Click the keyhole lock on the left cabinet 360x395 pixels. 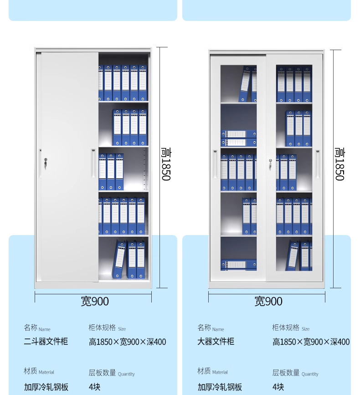tap(45, 161)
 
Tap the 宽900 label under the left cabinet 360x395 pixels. tap(95, 301)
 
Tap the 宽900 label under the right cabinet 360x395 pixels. tap(268, 301)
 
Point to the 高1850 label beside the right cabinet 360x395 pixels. tap(339, 164)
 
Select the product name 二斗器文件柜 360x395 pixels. tap(46, 341)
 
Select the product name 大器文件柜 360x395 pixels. tap(216, 341)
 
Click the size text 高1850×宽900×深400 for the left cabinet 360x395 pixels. tap(127, 342)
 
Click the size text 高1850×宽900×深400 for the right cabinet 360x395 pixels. tap(311, 342)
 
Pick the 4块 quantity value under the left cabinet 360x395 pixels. tap(94, 387)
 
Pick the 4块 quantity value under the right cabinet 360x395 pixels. tap(278, 387)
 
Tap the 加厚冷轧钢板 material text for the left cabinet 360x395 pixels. tap(46, 387)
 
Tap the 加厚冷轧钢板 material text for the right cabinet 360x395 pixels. tap(220, 387)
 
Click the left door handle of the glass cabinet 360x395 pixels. tap(215, 164)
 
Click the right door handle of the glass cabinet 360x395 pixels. tap(318, 164)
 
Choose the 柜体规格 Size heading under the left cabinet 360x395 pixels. tap(107, 328)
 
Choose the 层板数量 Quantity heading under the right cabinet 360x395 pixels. tap(295, 373)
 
